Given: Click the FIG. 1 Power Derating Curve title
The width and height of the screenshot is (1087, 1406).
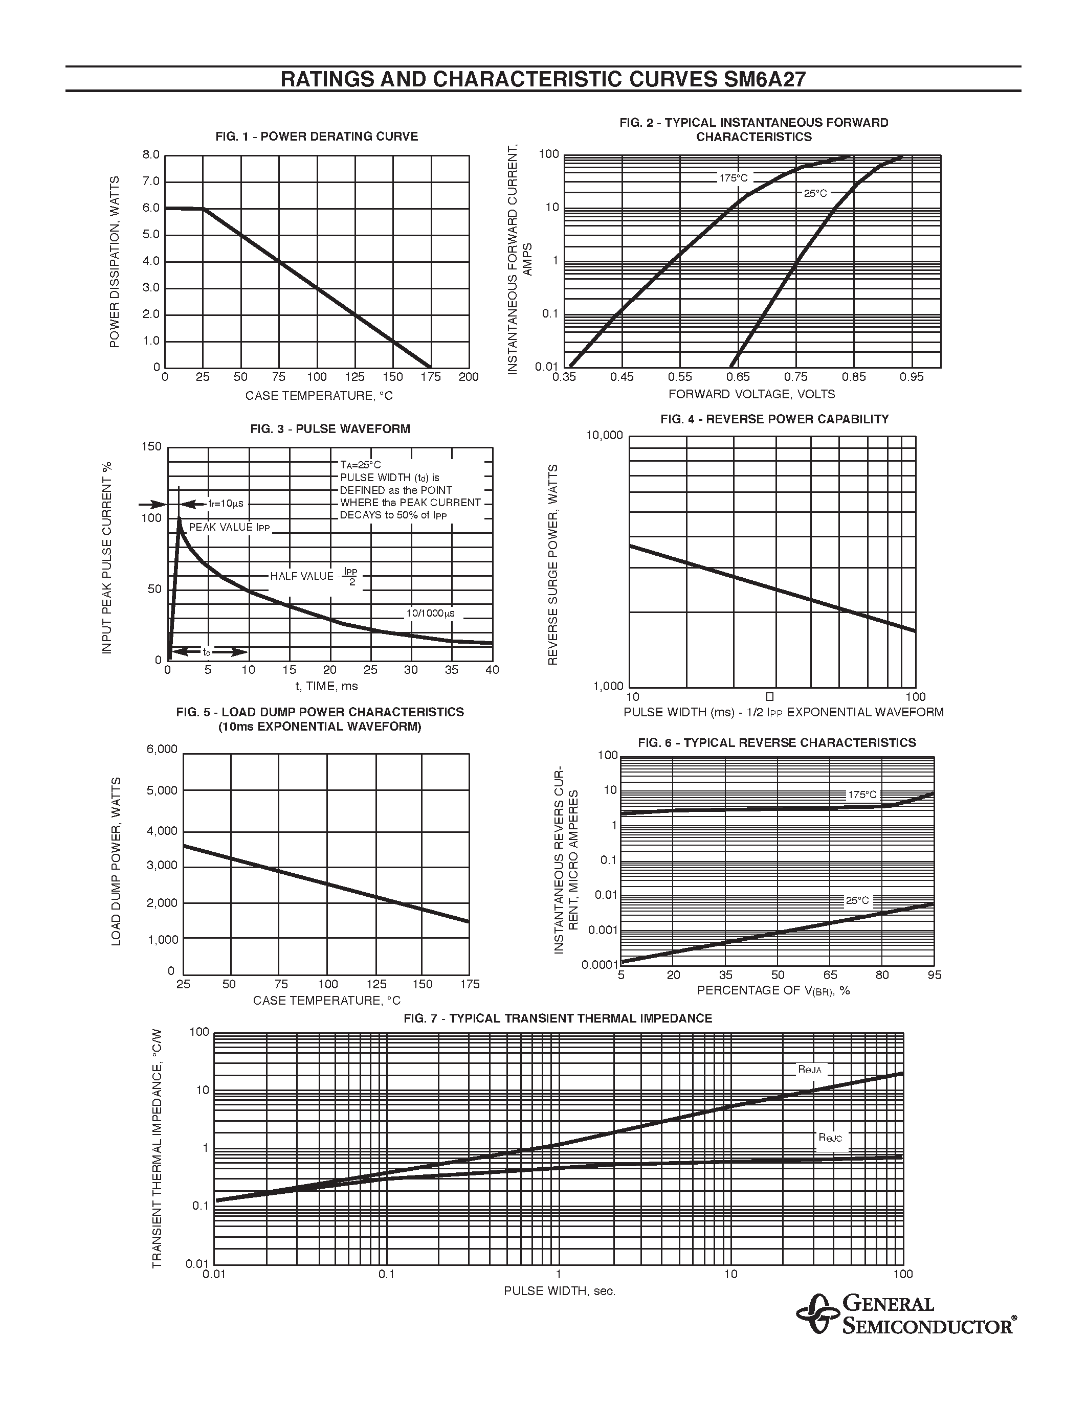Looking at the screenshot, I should point(316,137).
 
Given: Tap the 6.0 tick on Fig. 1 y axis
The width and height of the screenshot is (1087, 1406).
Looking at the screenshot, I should point(151,208).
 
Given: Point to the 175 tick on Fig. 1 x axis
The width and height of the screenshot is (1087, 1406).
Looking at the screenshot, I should point(430,377).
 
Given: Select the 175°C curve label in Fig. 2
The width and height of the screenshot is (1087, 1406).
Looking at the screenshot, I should point(734,178).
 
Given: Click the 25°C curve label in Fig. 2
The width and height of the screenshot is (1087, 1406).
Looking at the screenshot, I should point(815,193).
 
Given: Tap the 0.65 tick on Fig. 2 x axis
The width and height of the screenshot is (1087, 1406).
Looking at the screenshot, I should point(738,377).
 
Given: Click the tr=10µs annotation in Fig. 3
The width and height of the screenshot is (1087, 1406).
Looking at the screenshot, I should point(225,504).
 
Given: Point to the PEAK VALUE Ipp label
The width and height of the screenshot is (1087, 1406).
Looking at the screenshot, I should point(229,527).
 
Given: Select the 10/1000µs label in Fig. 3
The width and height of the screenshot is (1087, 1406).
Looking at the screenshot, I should point(430,614).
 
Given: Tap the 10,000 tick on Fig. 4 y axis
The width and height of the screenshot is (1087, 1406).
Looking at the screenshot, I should point(604,436).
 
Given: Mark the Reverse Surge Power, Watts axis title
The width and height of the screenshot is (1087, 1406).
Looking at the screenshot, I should point(552,564).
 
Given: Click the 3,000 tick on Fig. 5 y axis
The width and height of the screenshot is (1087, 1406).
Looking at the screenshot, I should point(161,865).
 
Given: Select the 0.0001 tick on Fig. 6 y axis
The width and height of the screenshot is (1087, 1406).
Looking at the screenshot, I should point(600,964).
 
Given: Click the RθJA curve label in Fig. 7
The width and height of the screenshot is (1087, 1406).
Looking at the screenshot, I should point(809,1070).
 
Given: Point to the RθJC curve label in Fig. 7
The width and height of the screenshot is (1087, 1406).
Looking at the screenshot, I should point(830,1138).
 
